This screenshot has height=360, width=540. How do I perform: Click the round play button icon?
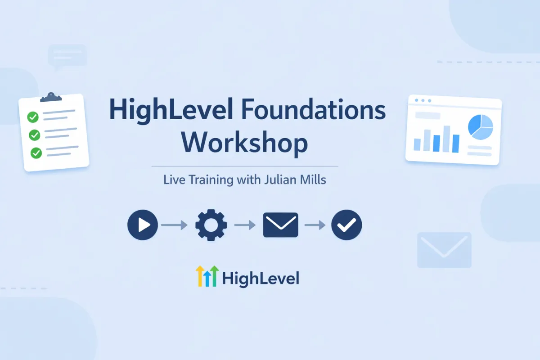point(143,225)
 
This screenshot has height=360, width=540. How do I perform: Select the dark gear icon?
point(211,225)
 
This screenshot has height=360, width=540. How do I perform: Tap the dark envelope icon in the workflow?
point(280,225)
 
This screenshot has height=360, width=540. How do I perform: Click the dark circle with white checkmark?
point(346,225)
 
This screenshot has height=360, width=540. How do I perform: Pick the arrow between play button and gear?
point(174,225)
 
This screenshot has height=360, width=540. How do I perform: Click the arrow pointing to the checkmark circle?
point(315,225)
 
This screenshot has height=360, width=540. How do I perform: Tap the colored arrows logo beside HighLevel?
point(207,276)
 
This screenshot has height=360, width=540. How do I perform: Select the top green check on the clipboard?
point(33,117)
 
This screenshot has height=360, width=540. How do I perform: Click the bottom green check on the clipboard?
point(36,153)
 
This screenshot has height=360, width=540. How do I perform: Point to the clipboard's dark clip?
point(50,97)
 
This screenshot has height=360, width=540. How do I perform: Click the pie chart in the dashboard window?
point(481,126)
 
